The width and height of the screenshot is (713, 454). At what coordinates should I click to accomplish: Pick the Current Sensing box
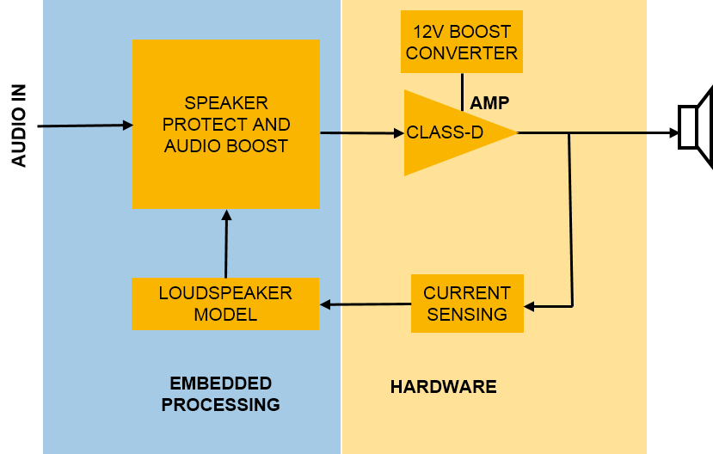coord(467,304)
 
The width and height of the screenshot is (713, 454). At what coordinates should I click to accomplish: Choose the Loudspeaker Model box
coord(225,304)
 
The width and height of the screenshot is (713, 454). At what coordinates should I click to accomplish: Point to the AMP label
coord(489,103)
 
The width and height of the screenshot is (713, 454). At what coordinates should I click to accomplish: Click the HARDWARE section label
coord(443,387)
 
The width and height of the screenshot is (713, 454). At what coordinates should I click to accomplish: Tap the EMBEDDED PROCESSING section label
coord(221,394)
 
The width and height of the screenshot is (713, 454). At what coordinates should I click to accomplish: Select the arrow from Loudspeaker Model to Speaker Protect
coord(226,245)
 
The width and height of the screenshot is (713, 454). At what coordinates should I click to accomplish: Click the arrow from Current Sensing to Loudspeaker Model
coord(366,304)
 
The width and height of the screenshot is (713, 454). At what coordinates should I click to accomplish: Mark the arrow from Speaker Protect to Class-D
coord(361,133)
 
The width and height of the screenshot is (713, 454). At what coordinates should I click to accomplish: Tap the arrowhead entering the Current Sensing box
coord(529,305)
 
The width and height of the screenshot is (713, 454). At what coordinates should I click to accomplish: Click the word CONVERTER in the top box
coord(462,53)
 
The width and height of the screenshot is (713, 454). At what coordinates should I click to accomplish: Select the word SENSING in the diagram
coord(467,314)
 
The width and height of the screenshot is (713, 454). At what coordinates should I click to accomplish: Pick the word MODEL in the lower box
coord(225,315)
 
